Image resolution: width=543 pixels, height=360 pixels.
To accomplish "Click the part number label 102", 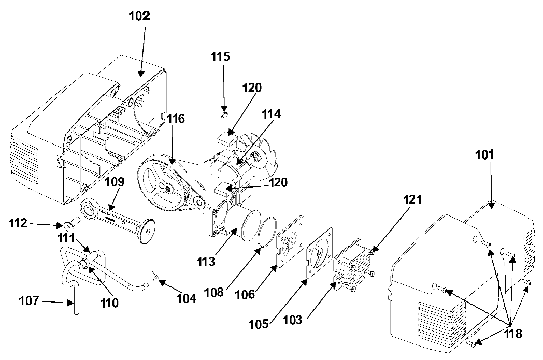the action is [x=139, y=16].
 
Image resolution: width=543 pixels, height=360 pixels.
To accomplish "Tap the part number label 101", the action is [x=484, y=155].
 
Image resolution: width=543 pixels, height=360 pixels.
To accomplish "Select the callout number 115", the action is [x=220, y=56].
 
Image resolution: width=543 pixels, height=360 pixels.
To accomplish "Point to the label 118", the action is [x=512, y=334].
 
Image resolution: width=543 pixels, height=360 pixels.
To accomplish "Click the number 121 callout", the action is [x=412, y=199].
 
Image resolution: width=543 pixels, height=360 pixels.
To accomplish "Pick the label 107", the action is [x=29, y=300].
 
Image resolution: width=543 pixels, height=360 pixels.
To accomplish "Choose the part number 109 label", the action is [x=115, y=182].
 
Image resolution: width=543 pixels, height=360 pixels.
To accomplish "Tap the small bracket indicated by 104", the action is [x=155, y=276].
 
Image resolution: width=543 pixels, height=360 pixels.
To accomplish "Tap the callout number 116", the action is [x=176, y=119].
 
